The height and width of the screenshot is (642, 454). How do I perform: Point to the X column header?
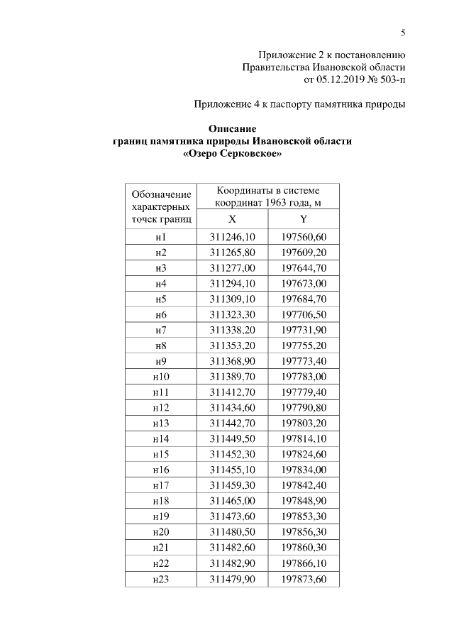(232, 219)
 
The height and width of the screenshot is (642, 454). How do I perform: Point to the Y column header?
(303, 219)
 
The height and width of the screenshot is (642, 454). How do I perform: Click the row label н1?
(160, 236)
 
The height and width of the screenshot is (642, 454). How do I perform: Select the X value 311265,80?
(232, 253)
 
